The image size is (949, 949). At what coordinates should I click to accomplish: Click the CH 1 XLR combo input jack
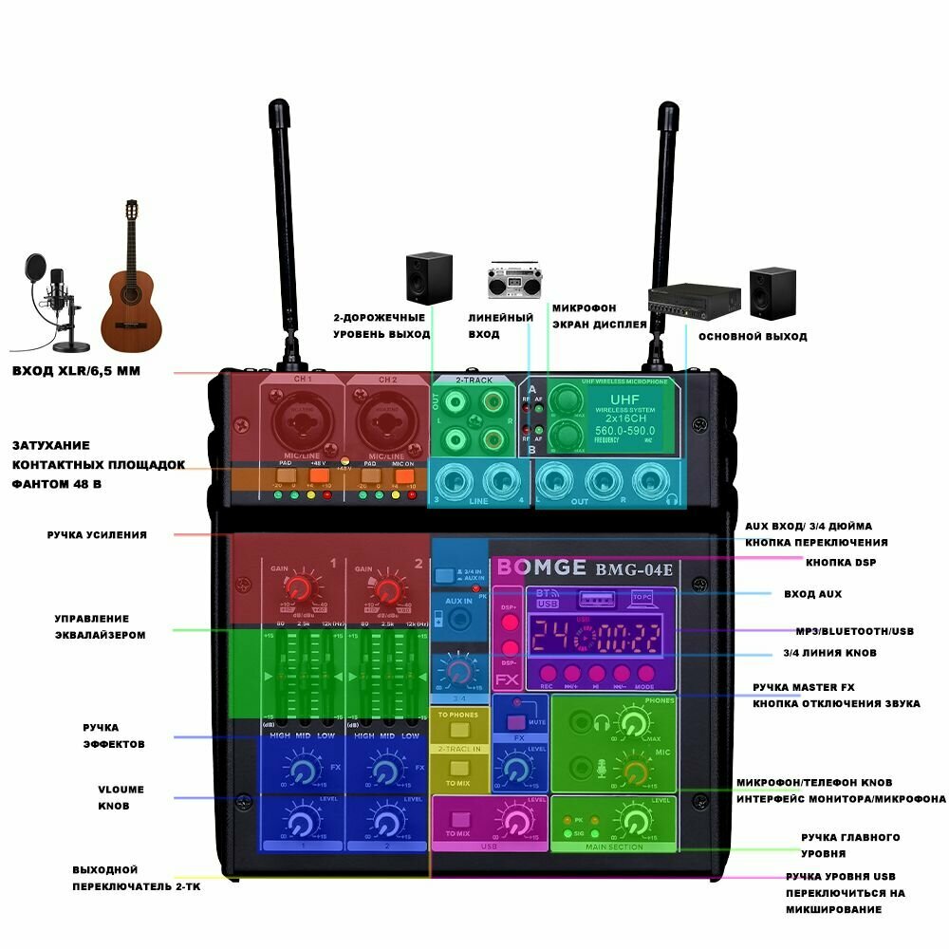point(301,422)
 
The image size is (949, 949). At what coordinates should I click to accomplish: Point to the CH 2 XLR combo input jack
point(385,422)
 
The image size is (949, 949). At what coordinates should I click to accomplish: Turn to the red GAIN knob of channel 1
point(299,589)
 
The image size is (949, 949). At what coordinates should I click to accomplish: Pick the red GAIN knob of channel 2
point(385,589)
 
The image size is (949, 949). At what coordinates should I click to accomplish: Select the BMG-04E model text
point(634,569)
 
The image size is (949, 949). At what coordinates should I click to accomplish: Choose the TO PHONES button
point(459,732)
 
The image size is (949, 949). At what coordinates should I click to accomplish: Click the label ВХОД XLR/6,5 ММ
point(76,371)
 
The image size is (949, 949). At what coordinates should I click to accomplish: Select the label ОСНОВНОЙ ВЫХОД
point(753,337)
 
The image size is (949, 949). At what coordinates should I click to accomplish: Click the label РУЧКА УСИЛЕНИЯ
point(97,535)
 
